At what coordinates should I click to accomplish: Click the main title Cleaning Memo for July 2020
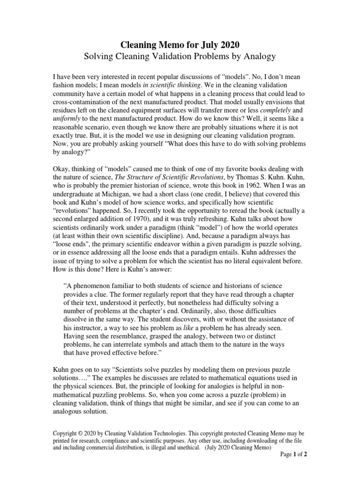(180, 45)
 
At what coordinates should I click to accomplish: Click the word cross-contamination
(90, 105)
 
